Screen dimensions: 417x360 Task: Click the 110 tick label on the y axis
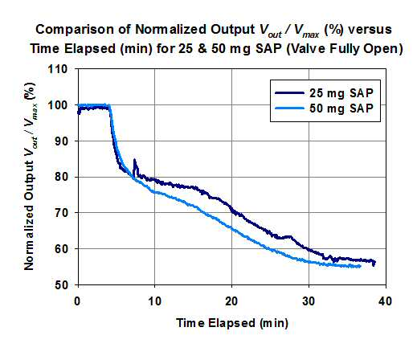pyautogui.click(x=57, y=69)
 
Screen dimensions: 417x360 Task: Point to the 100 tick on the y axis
pyautogui.click(x=57, y=105)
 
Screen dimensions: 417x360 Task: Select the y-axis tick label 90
pyautogui.click(x=61, y=141)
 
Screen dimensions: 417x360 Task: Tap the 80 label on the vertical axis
pyautogui.click(x=61, y=177)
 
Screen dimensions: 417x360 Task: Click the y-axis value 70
pyautogui.click(x=61, y=213)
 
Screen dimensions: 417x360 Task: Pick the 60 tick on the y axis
pyautogui.click(x=61, y=248)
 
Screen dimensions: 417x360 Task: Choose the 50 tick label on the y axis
pyautogui.click(x=61, y=284)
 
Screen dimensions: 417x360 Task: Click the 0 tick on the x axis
pyautogui.click(x=77, y=301)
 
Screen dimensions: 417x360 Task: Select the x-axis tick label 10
pyautogui.click(x=154, y=301)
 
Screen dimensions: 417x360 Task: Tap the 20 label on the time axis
pyautogui.click(x=231, y=301)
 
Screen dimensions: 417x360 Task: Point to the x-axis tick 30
pyautogui.click(x=309, y=301)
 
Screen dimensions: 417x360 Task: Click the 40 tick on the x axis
pyautogui.click(x=386, y=301)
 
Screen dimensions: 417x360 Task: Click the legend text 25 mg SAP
pyautogui.click(x=341, y=93)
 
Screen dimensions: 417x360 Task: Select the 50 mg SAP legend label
pyautogui.click(x=341, y=108)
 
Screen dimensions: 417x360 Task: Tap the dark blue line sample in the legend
pyautogui.click(x=289, y=93)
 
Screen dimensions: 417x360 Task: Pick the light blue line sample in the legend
pyautogui.click(x=289, y=108)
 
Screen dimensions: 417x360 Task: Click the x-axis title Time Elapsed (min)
pyautogui.click(x=232, y=323)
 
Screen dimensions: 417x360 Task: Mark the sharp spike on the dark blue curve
pyautogui.click(x=134, y=160)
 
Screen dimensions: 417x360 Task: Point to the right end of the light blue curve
pyautogui.click(x=361, y=266)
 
